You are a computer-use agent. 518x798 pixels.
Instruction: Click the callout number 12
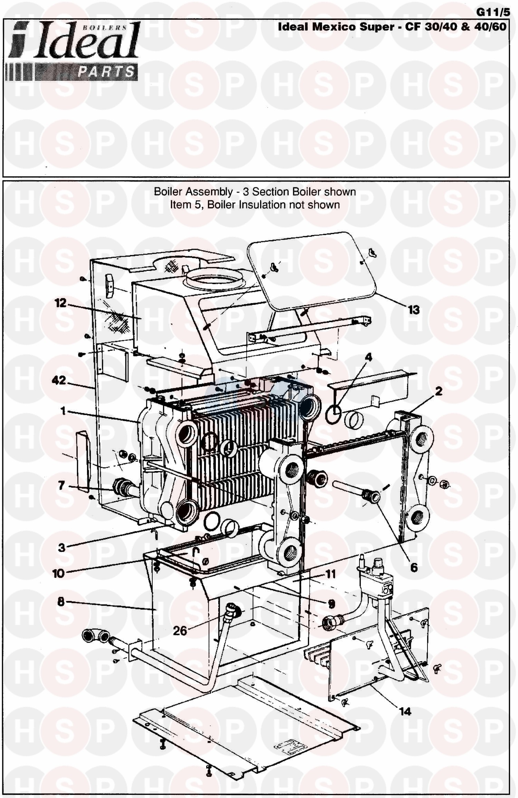click(60, 303)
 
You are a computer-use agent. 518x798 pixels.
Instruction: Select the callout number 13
click(414, 310)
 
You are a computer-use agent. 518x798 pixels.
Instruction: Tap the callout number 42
click(59, 381)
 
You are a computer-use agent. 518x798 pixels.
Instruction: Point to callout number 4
click(369, 357)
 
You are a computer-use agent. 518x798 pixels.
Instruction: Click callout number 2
click(439, 391)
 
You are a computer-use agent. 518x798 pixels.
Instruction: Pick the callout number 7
click(61, 486)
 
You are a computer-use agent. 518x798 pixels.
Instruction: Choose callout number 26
click(180, 631)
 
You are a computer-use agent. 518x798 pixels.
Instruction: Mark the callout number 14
click(405, 711)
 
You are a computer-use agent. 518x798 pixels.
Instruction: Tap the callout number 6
click(414, 567)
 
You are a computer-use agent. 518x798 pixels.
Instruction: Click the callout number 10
click(58, 574)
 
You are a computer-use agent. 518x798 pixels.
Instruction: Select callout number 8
click(61, 602)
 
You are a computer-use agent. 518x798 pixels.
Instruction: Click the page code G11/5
click(493, 12)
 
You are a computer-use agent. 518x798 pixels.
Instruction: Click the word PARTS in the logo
click(106, 72)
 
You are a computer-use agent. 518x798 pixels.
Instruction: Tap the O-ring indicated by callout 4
click(334, 414)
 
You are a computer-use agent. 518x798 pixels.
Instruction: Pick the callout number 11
click(330, 574)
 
